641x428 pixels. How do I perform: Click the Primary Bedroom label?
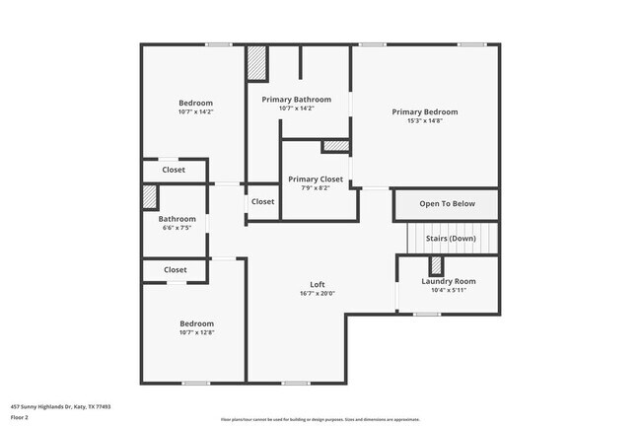click(x=424, y=111)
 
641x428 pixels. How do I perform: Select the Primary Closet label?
click(x=316, y=178)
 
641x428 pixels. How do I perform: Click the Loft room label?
click(x=318, y=284)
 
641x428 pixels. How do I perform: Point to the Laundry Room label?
click(x=449, y=281)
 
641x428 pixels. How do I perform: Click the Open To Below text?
click(x=447, y=204)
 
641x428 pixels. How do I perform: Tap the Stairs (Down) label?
click(x=450, y=239)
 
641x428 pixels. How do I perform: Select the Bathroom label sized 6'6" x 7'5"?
click(x=178, y=219)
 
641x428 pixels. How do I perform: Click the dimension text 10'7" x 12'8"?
click(x=195, y=333)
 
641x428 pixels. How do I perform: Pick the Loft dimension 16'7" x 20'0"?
click(x=318, y=293)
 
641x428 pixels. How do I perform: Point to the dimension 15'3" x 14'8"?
click(x=424, y=121)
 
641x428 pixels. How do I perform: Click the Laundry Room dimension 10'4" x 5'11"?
click(x=449, y=290)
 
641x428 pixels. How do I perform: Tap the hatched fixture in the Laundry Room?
click(x=435, y=265)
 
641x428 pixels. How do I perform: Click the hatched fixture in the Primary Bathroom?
click(x=257, y=63)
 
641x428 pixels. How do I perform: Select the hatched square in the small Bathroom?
click(x=149, y=195)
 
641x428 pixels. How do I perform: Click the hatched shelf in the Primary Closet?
click(x=335, y=146)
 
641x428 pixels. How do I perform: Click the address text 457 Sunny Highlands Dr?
click(x=60, y=406)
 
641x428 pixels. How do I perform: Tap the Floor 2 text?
click(x=20, y=417)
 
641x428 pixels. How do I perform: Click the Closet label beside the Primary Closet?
click(x=262, y=201)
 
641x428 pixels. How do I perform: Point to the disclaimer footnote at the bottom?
click(x=320, y=419)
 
